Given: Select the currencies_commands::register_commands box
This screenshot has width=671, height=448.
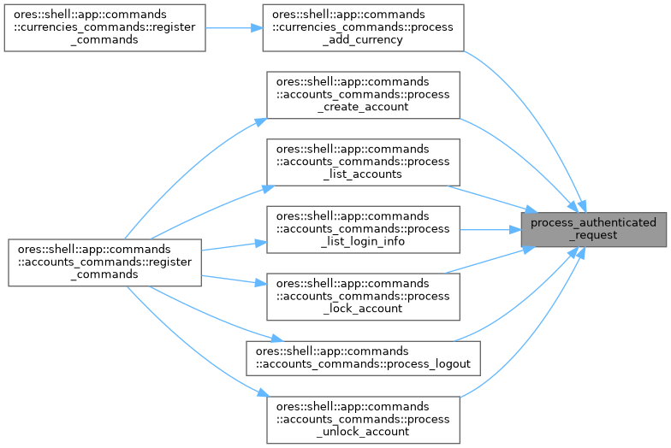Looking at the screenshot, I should (x=104, y=27).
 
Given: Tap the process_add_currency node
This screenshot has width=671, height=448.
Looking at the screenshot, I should (x=364, y=27).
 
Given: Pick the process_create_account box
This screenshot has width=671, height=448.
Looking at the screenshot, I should (x=364, y=94).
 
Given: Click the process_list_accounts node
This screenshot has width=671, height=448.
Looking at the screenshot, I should (x=364, y=161).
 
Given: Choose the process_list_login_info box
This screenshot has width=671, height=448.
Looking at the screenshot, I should (x=364, y=228).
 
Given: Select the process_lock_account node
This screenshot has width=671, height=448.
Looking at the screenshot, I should (x=364, y=295).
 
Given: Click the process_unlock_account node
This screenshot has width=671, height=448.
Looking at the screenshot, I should (x=364, y=418).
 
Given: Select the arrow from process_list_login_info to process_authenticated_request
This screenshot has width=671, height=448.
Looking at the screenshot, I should (x=492, y=228).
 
